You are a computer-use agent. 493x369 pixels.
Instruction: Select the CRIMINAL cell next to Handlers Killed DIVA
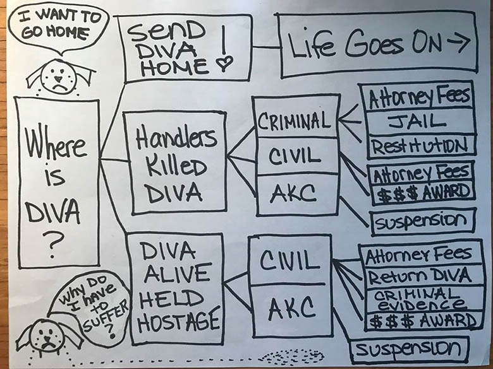[294, 119]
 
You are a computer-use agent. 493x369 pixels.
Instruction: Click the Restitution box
[420, 146]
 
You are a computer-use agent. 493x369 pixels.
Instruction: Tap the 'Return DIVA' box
[418, 276]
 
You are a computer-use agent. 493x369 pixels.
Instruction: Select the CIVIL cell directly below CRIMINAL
[295, 155]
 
